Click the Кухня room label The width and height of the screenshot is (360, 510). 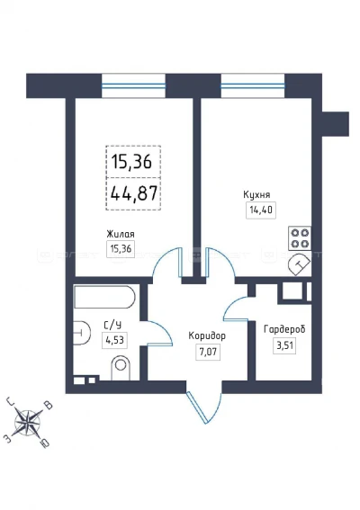click(x=256, y=195)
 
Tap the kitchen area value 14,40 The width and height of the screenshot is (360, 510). click(x=261, y=210)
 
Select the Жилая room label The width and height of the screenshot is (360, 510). click(x=121, y=234)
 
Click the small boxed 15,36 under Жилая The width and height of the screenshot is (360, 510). click(x=121, y=249)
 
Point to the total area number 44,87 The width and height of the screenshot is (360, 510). click(x=134, y=193)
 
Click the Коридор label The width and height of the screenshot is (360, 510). click(x=207, y=336)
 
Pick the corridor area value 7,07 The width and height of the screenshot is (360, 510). click(x=208, y=352)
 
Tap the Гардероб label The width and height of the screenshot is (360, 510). click(x=284, y=329)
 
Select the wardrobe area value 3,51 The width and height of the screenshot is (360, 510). click(x=284, y=345)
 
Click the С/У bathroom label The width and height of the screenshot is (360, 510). click(x=112, y=325)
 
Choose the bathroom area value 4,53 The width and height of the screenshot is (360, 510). click(x=114, y=340)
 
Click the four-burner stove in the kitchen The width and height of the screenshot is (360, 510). click(x=300, y=238)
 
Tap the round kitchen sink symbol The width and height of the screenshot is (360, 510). click(x=300, y=264)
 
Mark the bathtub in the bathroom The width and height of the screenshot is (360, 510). click(x=104, y=297)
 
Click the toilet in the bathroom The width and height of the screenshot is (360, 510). click(x=121, y=368)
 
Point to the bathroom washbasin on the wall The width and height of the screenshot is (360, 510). click(x=81, y=333)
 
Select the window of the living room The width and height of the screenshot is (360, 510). click(x=133, y=85)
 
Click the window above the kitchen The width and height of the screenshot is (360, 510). click(x=253, y=85)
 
